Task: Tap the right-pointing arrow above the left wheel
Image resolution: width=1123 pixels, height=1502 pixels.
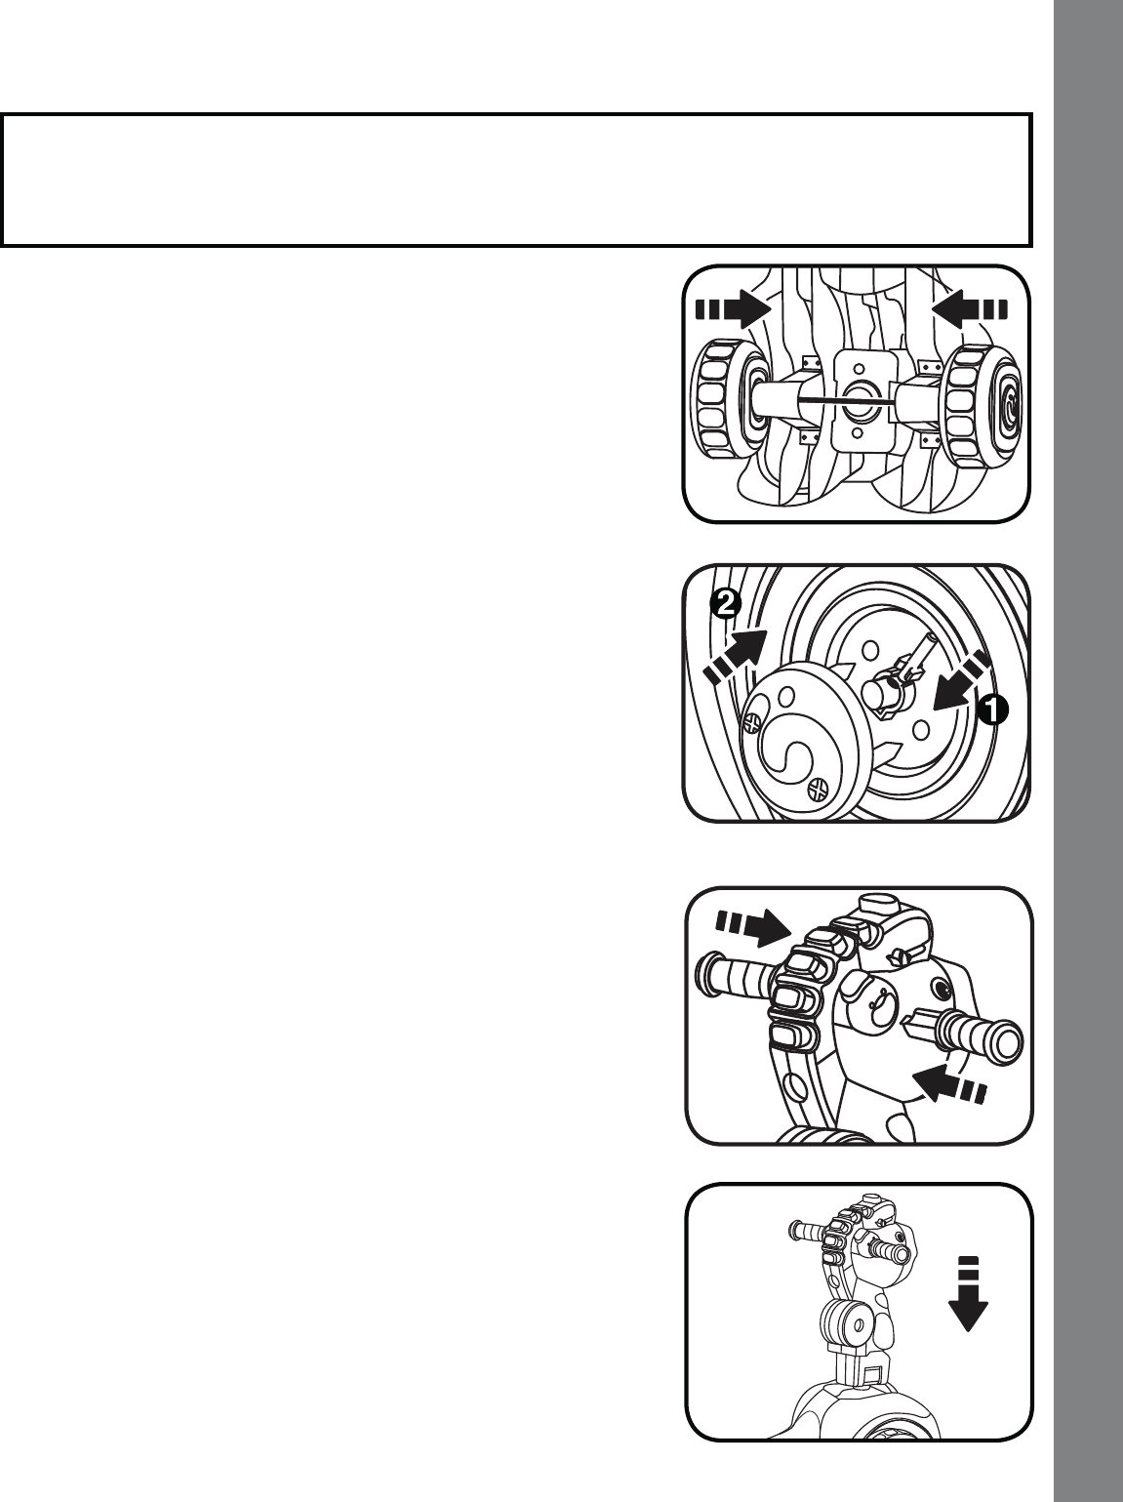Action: pyautogui.click(x=733, y=310)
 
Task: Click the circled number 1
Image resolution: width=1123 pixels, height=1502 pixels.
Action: pyautogui.click(x=991, y=710)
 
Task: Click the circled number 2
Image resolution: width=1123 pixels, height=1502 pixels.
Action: pyautogui.click(x=725, y=603)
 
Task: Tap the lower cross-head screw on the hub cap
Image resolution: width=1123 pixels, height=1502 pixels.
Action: pyautogui.click(x=818, y=791)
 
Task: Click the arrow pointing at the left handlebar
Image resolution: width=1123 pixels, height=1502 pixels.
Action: pyautogui.click(x=753, y=926)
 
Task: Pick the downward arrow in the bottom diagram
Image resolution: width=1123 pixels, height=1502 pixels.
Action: pyautogui.click(x=968, y=1293)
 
